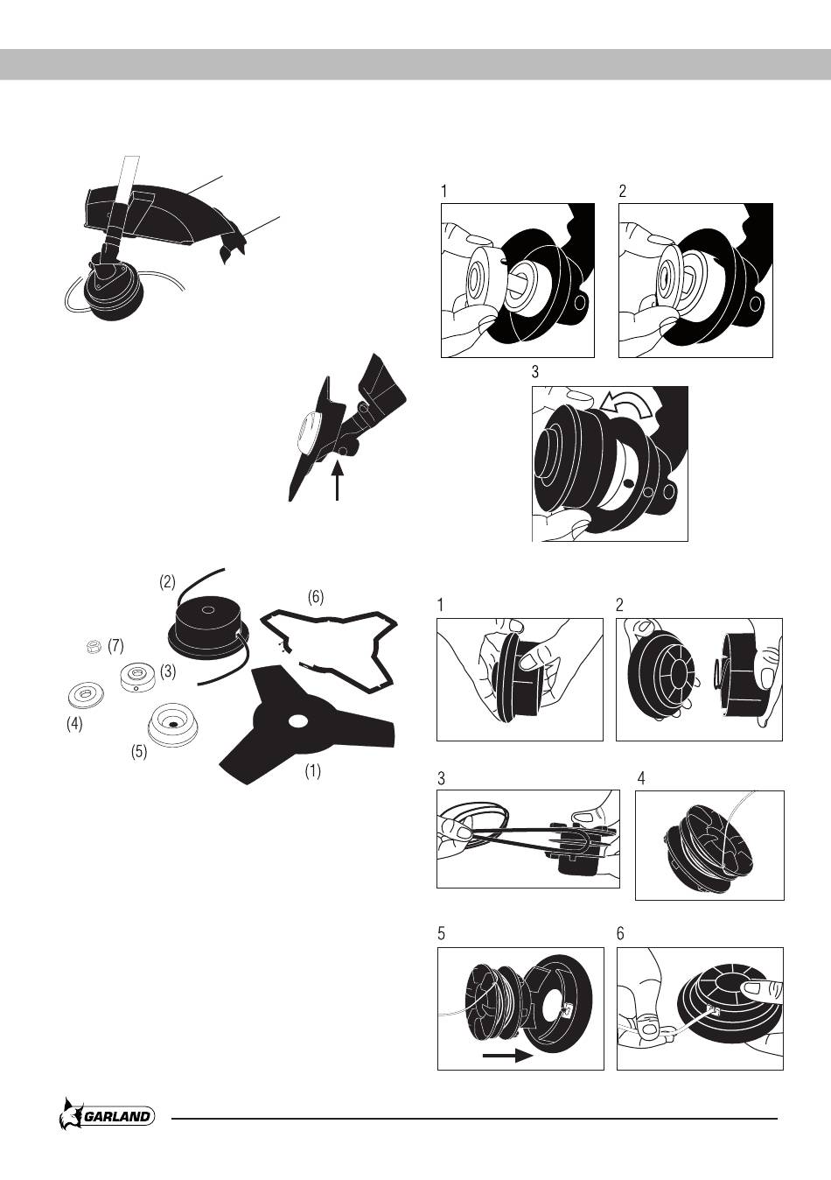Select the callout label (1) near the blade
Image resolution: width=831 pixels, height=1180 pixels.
click(312, 771)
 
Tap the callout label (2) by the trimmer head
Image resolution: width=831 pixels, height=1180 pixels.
click(167, 582)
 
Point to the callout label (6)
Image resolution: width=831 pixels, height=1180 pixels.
click(315, 597)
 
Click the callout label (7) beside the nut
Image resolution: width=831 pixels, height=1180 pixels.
click(115, 646)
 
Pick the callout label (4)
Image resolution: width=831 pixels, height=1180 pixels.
click(74, 724)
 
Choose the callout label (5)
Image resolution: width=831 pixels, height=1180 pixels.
click(139, 752)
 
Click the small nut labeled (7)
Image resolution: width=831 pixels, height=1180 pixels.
click(94, 645)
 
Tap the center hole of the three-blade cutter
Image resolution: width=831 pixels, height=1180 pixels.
click(298, 721)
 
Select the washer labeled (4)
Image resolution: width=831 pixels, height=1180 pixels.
click(87, 695)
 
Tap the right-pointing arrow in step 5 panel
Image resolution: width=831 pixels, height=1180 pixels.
click(508, 1055)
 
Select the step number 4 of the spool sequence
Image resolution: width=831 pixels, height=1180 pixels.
click(641, 778)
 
